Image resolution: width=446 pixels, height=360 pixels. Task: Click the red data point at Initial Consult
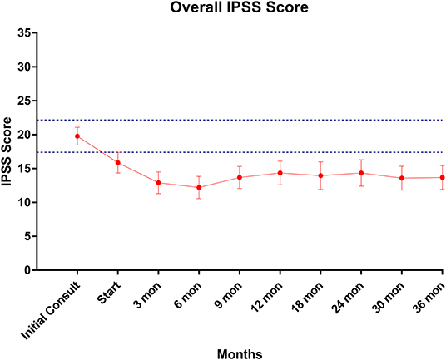tap(77, 136)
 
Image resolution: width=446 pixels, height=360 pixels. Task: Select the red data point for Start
tap(118, 163)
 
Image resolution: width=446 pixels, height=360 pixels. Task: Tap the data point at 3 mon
tap(158, 183)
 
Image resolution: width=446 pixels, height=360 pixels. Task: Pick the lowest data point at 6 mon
tap(199, 187)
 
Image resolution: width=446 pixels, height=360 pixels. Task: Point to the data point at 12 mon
tap(280, 173)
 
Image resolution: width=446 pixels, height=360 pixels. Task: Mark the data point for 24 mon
tap(361, 173)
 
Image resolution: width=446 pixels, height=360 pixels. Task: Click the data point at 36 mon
tap(442, 177)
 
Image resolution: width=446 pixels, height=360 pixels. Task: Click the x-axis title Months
tap(240, 353)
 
